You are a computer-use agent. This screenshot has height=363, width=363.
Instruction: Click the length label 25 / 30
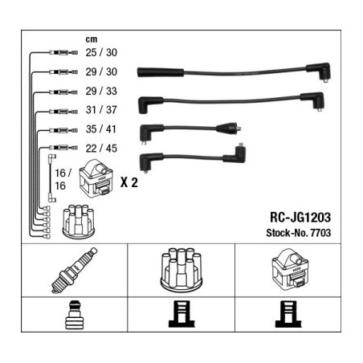tap(101, 52)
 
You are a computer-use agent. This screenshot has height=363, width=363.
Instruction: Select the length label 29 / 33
tap(101, 91)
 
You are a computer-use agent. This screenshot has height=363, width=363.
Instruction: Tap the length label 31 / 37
tap(101, 110)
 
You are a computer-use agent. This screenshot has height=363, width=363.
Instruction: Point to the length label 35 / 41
tap(101, 129)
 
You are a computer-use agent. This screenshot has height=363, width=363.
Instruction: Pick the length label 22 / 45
tap(101, 149)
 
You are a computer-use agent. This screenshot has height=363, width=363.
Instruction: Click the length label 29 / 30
tap(101, 71)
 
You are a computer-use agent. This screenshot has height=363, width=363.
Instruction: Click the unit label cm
tap(92, 39)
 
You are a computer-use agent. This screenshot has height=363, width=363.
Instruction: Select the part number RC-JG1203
tap(300, 217)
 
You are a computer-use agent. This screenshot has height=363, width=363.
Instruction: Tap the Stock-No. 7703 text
tap(299, 233)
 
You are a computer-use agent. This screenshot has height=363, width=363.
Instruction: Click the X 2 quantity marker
tap(129, 182)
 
